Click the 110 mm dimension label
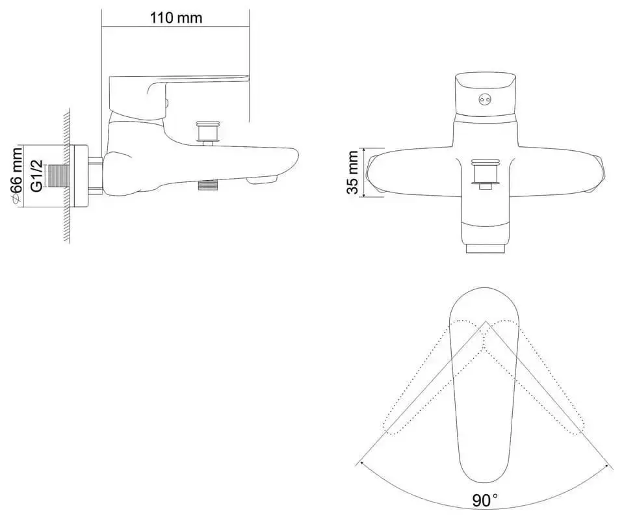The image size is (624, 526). [175, 18]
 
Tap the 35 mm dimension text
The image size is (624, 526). [352, 172]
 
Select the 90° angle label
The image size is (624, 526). [484, 501]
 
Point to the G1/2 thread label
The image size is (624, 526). [38, 176]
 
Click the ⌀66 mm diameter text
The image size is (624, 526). [18, 176]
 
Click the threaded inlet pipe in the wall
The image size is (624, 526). [60, 176]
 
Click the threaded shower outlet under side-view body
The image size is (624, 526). [207, 185]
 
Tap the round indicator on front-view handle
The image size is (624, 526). [483, 99]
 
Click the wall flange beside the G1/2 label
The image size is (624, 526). [82, 176]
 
